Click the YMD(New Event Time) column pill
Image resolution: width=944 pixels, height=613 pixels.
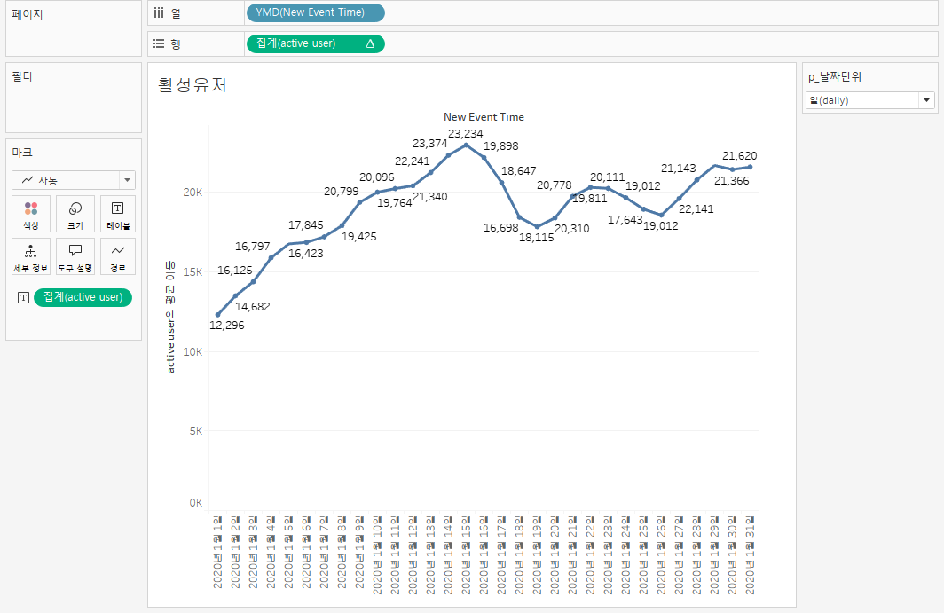click(x=315, y=12)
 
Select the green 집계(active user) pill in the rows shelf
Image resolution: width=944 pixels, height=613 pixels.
click(x=314, y=43)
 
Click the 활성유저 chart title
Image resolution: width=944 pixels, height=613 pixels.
click(x=193, y=85)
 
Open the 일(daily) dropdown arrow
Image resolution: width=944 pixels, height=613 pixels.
click(x=927, y=100)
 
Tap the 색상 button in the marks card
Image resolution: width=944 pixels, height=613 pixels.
click(x=31, y=214)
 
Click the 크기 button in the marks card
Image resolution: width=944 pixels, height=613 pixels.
click(x=75, y=214)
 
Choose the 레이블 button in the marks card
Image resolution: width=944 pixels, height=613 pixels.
click(x=118, y=214)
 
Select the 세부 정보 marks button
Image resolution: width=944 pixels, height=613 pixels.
click(x=31, y=256)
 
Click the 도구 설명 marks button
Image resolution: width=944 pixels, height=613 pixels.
click(x=75, y=256)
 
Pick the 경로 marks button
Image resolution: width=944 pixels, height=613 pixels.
click(x=118, y=256)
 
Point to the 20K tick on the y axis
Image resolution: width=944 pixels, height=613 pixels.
click(x=193, y=193)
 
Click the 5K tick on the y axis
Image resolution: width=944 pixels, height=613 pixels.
click(x=195, y=431)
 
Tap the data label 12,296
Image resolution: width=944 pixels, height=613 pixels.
click(x=226, y=326)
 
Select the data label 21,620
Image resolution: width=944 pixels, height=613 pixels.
click(x=740, y=156)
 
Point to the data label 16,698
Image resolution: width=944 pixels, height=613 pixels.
click(x=500, y=228)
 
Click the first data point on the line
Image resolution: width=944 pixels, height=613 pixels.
click(x=218, y=315)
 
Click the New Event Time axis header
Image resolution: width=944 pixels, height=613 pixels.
click(x=484, y=116)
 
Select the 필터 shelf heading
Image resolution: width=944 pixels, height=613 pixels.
click(x=23, y=76)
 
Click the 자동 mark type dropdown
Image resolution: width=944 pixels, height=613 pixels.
click(x=73, y=180)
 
